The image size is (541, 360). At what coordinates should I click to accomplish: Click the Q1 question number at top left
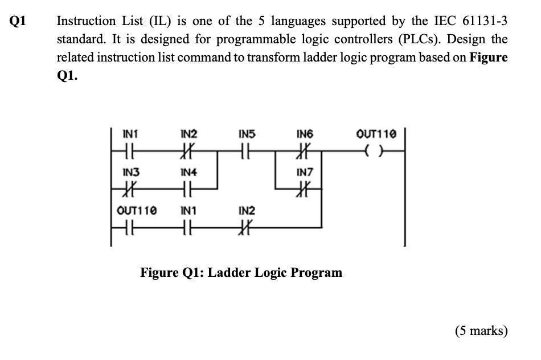click(x=18, y=22)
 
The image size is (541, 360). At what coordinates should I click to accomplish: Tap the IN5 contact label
click(x=247, y=135)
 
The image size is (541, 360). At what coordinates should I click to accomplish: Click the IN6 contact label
click(x=305, y=135)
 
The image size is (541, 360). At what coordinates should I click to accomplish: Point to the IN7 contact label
click(x=305, y=171)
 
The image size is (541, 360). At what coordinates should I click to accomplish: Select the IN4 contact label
click(x=188, y=171)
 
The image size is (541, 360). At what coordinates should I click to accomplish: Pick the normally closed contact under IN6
click(x=305, y=152)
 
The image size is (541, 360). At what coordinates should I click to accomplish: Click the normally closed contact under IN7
click(x=305, y=189)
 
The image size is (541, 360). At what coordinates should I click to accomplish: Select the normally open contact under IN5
click(x=247, y=152)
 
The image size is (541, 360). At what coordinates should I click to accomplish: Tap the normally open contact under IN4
click(x=188, y=189)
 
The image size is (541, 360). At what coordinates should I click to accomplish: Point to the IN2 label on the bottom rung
click(x=247, y=211)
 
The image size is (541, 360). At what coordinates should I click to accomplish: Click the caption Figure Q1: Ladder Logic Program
click(x=241, y=272)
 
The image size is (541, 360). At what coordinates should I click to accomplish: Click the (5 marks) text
click(x=481, y=331)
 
